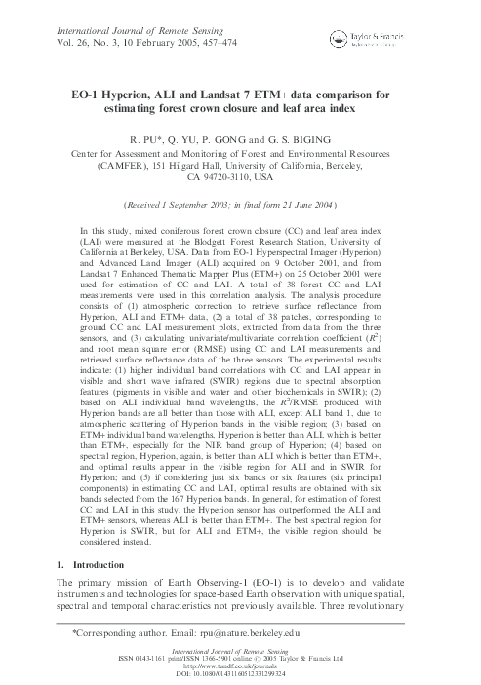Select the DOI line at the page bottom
click(x=240, y=675)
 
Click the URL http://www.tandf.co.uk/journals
click(x=240, y=668)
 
